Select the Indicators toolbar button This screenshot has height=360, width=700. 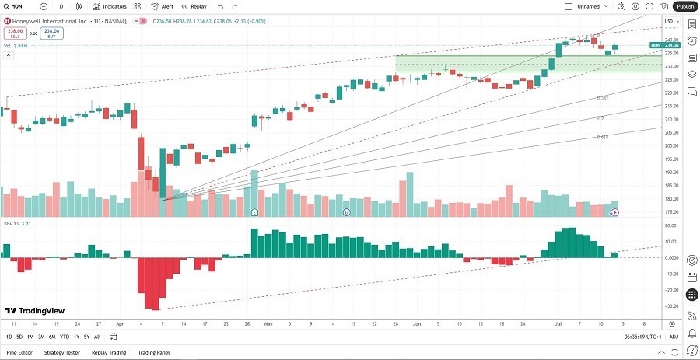pos(110,6)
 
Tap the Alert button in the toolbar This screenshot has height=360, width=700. pos(163,6)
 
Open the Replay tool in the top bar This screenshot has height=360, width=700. pos(194,6)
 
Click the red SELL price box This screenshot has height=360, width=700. pos(14,33)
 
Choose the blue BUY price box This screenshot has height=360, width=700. pos(52,33)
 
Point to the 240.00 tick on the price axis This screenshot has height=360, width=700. pos(670,40)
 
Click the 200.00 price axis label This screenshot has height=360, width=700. pos(670,145)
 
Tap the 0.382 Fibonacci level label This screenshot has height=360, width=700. pos(602,98)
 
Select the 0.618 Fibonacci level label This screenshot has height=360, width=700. pos(602,136)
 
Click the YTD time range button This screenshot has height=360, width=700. pos(65,337)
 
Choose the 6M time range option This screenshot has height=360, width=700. pos(51,337)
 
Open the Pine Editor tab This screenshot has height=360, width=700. pos(19,352)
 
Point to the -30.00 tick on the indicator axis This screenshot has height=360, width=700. pos(670,306)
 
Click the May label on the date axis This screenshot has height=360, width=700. pos(268,323)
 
